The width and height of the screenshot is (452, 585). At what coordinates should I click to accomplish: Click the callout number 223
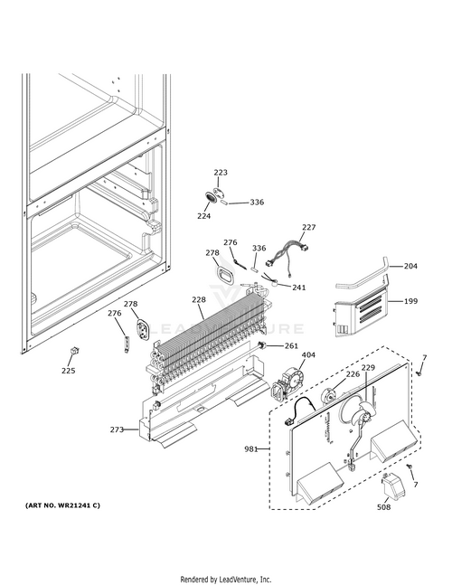(x=221, y=173)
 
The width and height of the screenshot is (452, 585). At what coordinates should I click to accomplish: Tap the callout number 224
(x=203, y=215)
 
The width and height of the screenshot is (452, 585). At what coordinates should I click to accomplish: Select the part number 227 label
(x=309, y=227)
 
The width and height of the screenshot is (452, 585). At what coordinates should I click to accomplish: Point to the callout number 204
(x=410, y=266)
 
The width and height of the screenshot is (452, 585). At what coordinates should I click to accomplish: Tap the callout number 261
(x=291, y=346)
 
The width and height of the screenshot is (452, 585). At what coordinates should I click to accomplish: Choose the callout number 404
(x=308, y=354)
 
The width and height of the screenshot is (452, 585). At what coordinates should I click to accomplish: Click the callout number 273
(x=117, y=429)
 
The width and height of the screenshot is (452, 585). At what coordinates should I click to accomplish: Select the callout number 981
(x=251, y=449)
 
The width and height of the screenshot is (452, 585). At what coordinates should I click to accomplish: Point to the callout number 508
(x=384, y=506)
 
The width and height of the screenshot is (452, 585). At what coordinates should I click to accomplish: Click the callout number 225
(x=68, y=371)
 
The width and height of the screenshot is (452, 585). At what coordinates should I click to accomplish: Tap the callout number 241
(x=298, y=288)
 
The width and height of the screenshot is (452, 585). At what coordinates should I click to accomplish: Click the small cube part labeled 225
(x=75, y=350)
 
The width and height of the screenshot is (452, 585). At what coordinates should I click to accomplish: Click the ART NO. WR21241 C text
(x=62, y=505)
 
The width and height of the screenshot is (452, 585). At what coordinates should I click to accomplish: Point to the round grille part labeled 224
(x=211, y=197)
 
